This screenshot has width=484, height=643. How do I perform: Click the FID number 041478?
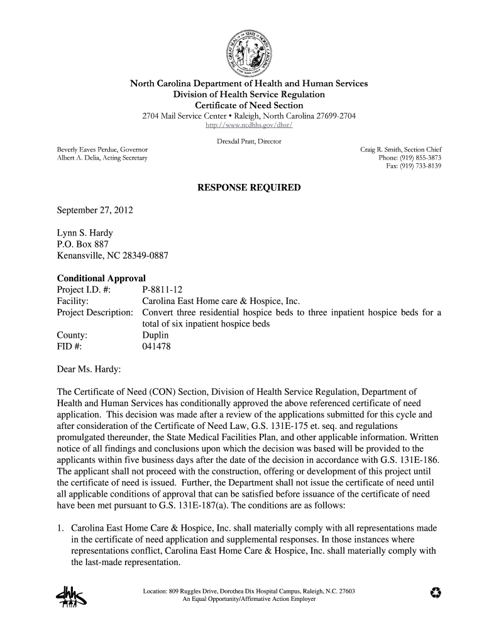pos(157,347)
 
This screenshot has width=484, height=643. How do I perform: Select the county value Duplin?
pos(157,335)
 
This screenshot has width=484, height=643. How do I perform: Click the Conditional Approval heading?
pos(101,278)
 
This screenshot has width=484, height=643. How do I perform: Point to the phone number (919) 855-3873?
pos(418,158)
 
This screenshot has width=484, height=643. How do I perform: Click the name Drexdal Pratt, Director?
pos(249,141)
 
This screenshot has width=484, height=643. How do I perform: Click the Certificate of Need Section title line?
pos(249,105)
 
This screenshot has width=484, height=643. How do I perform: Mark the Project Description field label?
pos(95,313)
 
